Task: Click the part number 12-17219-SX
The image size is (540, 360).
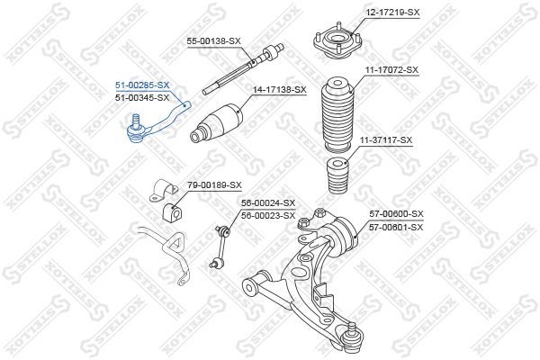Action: point(393,12)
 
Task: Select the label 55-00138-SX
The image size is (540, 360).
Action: point(214,41)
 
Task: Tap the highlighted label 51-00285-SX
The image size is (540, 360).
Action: point(141,85)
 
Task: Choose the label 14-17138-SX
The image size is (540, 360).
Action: point(280,90)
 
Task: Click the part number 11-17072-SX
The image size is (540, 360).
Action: point(392,69)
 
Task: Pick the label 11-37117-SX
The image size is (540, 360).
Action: point(386,139)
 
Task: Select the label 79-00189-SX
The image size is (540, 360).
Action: point(214,184)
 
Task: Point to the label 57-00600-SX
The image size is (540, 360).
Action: point(396,213)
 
